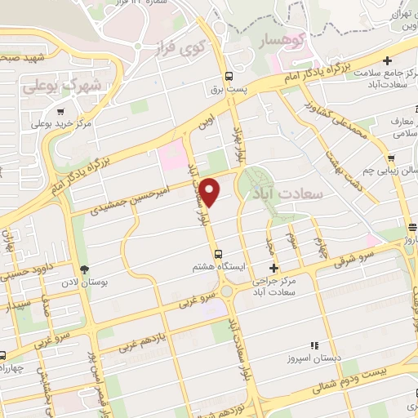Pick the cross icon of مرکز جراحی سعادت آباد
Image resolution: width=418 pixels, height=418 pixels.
273,267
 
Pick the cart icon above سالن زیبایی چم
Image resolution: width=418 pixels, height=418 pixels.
392,158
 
